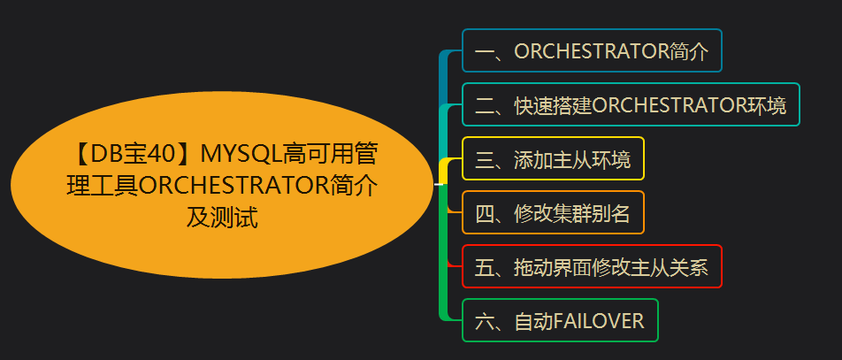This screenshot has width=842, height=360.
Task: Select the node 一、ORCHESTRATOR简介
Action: [x=592, y=50]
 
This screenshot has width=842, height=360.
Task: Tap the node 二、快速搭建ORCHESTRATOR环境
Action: [x=631, y=105]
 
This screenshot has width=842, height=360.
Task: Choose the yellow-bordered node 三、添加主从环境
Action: [x=553, y=159]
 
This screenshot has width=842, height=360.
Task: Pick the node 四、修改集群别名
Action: [x=553, y=213]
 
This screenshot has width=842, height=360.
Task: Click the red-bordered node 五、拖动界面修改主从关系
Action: [x=592, y=267]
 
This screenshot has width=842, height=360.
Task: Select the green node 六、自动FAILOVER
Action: [x=560, y=321]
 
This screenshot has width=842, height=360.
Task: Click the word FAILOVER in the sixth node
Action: [x=599, y=321]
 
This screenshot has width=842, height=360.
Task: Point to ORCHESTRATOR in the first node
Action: [x=592, y=51]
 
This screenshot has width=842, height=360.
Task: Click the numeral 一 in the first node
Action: [x=484, y=51]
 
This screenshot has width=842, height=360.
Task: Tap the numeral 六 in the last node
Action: [x=484, y=321]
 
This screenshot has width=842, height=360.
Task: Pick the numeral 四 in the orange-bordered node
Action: [x=484, y=213]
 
